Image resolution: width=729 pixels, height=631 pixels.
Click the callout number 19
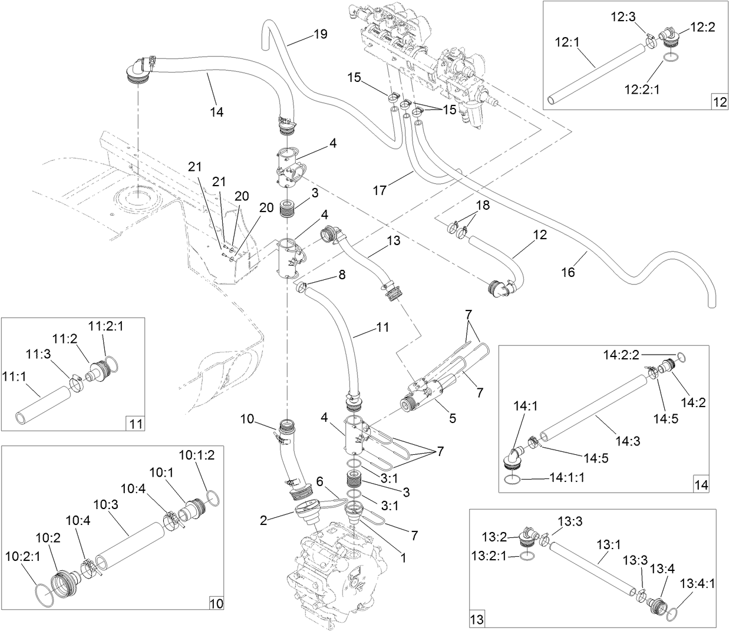tap(320, 34)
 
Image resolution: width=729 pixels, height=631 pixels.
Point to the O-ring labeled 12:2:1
tap(669, 58)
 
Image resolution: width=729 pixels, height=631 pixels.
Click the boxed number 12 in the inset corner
tap(720, 101)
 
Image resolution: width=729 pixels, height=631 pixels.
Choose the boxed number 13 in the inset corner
tap(476, 619)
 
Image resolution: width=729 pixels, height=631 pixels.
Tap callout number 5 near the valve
tap(453, 419)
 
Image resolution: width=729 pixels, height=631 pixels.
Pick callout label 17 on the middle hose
tap(380, 190)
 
